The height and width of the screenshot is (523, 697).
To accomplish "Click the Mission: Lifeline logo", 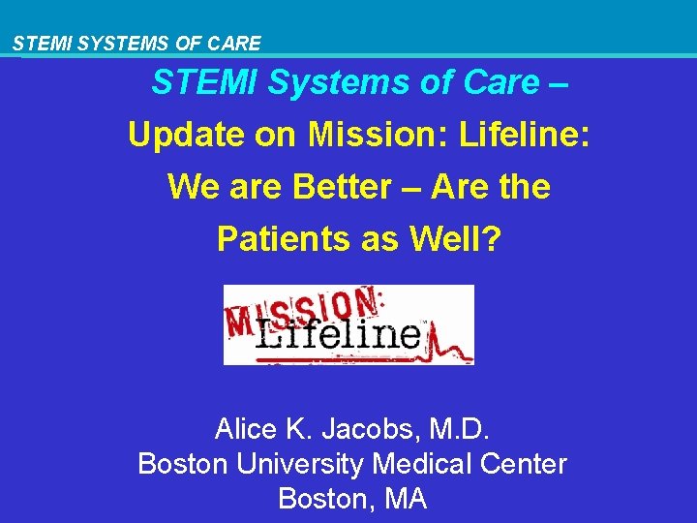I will tap(348, 324).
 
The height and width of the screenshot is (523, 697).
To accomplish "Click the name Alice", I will tap(244, 428).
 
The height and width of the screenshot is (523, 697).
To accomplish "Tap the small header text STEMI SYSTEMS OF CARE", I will tap(136, 44).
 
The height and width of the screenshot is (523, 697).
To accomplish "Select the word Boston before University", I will tap(185, 464).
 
